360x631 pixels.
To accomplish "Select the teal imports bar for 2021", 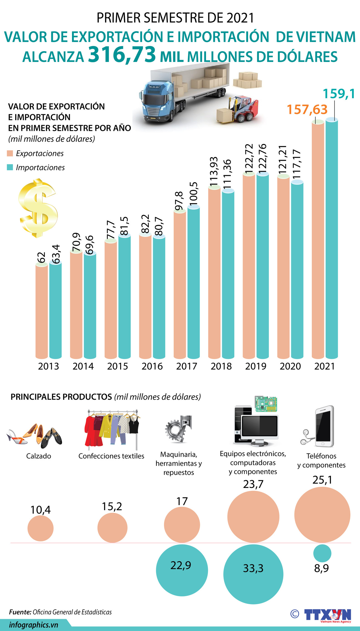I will (331, 238).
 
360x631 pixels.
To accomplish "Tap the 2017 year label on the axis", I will (186, 366).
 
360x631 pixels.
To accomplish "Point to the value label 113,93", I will (214, 172).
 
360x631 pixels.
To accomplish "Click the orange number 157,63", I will (307, 110).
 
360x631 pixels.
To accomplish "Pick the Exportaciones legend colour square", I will (10, 153).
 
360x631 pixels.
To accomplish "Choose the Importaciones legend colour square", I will (10, 167).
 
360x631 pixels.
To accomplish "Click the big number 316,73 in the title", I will (122, 55).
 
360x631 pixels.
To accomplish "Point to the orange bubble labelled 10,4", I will (40, 528).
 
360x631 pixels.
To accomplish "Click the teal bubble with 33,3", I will (253, 574).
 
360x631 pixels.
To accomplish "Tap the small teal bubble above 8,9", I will (322, 553).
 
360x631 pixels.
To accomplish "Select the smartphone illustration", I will (324, 426).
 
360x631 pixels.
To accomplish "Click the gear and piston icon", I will (178, 428).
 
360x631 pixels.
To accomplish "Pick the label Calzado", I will (38, 456).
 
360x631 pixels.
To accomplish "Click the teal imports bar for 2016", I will (159, 298).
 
